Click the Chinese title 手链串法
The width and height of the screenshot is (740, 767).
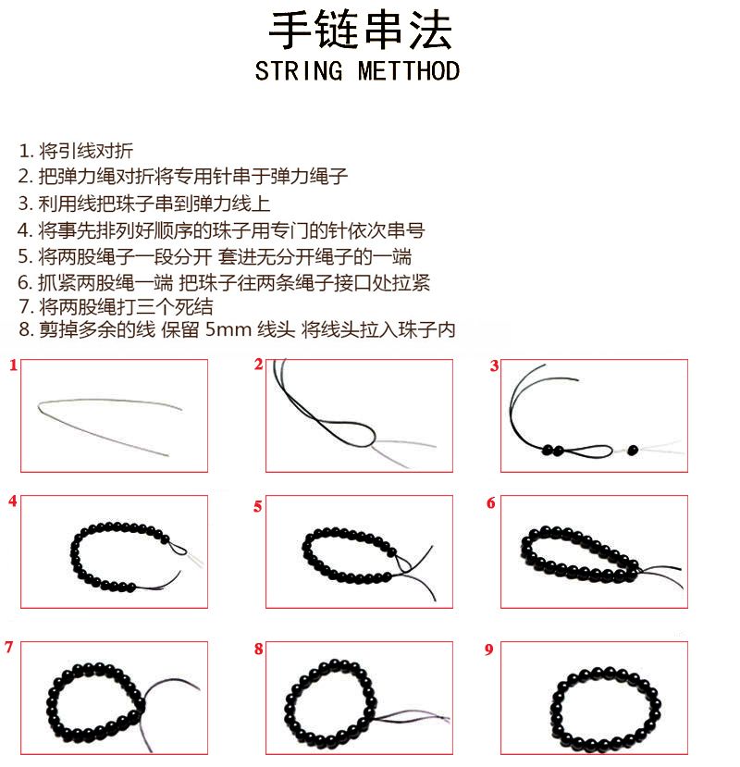point(360,31)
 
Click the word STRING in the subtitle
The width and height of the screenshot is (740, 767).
point(299,71)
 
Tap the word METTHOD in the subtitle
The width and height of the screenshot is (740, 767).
point(409,71)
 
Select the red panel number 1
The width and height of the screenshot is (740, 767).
point(13,365)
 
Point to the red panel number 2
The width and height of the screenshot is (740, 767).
point(258,364)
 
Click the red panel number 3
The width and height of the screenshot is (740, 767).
point(494,365)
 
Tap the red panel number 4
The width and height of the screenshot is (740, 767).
point(13,501)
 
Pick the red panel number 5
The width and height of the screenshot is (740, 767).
point(258,506)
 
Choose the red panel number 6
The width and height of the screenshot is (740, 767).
point(491,503)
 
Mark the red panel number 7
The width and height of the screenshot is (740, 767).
point(9,647)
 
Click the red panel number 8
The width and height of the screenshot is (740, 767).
point(258,649)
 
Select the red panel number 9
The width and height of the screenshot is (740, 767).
point(488,649)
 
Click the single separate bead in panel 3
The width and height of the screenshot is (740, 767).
point(633,450)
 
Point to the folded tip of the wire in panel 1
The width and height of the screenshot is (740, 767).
point(39,405)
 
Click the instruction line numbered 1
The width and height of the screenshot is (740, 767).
point(76,151)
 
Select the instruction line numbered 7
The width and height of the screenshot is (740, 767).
point(116,306)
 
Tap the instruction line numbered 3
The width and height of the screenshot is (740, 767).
point(144,204)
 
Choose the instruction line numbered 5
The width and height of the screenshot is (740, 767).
point(216,256)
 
